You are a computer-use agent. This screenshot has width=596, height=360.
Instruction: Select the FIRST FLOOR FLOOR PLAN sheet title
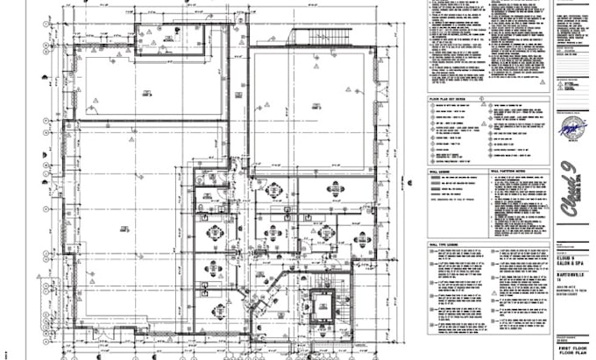(x=574, y=345)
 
